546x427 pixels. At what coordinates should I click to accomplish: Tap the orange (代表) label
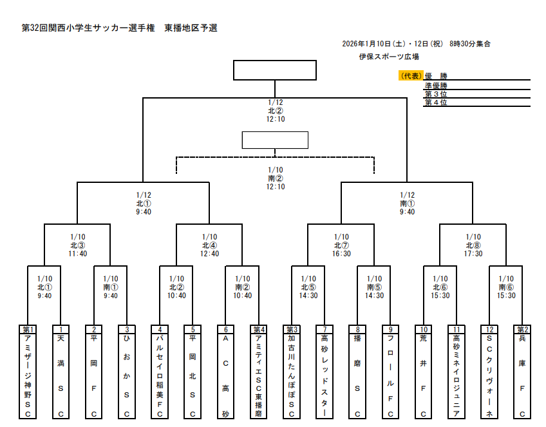click(x=411, y=76)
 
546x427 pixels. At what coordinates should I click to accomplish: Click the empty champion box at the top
click(x=274, y=70)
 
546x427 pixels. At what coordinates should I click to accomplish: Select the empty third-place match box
click(x=275, y=140)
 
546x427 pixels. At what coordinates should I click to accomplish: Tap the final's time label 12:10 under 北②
click(x=276, y=119)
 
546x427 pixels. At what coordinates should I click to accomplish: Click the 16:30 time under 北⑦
click(x=341, y=254)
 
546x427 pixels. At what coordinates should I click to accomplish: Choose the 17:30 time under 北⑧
click(x=473, y=254)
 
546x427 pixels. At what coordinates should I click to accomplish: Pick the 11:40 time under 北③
click(x=78, y=254)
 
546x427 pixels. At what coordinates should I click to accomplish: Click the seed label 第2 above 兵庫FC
click(x=523, y=329)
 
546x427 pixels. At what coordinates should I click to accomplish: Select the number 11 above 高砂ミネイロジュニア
click(x=457, y=329)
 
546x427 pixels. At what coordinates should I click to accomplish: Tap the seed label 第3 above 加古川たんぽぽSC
click(x=292, y=329)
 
